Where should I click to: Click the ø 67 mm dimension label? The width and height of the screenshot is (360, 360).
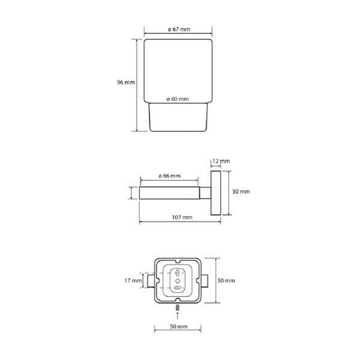[179, 29]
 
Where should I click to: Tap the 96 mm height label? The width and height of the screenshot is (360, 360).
[126, 82]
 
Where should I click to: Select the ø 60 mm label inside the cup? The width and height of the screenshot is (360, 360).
[178, 99]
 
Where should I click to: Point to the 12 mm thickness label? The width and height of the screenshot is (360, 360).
[221, 161]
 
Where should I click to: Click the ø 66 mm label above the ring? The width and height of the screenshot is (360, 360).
[169, 176]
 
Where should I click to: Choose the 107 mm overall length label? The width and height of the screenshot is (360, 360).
[182, 217]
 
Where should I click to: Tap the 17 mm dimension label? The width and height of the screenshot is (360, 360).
[133, 280]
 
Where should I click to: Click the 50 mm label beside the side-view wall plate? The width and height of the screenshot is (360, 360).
[241, 191]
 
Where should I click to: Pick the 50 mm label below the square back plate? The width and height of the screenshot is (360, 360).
[179, 326]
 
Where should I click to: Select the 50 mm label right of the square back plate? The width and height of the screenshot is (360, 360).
[226, 280]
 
